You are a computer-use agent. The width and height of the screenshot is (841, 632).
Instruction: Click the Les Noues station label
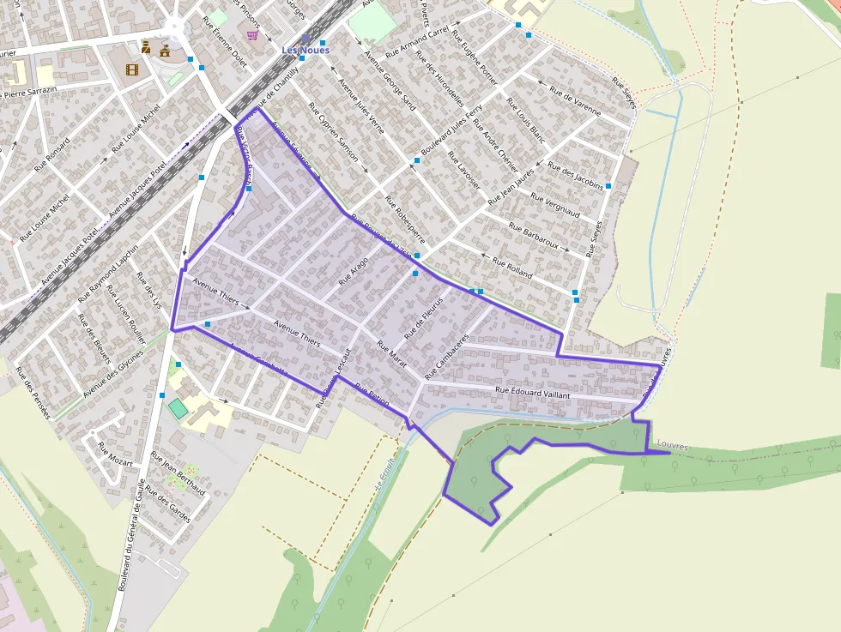click(x=306, y=50)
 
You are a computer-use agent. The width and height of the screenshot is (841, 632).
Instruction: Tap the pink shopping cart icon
click(x=251, y=35)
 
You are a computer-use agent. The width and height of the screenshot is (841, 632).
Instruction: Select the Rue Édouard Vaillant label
click(x=533, y=391)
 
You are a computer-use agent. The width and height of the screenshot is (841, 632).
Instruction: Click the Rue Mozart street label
click(x=115, y=454)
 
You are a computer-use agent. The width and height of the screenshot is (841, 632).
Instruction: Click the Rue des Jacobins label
click(x=576, y=175)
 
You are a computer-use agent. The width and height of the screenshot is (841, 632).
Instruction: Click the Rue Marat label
click(x=392, y=352)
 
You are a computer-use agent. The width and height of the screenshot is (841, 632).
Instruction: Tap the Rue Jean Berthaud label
click(x=178, y=473)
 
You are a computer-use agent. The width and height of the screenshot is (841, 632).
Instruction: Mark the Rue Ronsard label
click(x=51, y=157)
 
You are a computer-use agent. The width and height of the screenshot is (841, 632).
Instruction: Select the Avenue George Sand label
click(x=390, y=81)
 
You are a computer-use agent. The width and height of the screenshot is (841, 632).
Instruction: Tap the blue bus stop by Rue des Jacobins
click(x=608, y=185)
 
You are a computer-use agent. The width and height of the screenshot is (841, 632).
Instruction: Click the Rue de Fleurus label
click(x=423, y=316)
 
